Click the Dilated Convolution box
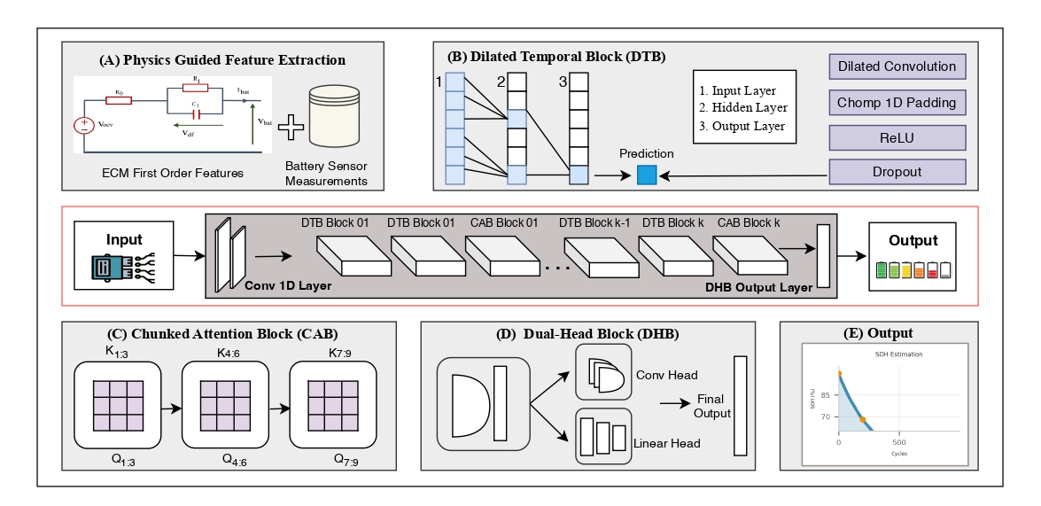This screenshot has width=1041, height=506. click(897, 66)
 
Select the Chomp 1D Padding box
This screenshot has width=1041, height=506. click(897, 102)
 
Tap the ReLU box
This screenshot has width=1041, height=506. click(897, 137)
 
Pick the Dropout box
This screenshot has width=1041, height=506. click(897, 172)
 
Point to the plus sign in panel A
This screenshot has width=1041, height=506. click(291, 129)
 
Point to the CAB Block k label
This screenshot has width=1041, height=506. click(750, 222)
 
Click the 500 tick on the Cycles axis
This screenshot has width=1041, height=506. click(898, 441)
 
